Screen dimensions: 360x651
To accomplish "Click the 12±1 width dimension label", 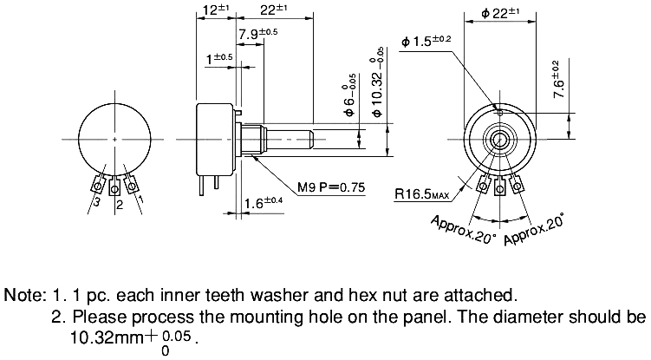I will pyautogui.click(x=213, y=10).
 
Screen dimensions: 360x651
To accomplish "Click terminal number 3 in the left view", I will pyautogui.click(x=97, y=202).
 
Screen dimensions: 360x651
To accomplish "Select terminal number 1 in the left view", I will pyautogui.click(x=142, y=200).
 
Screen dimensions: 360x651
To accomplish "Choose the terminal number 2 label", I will pyautogui.click(x=120, y=205).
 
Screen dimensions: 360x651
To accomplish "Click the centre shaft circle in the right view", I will pyautogui.click(x=500, y=139).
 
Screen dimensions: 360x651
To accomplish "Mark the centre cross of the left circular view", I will pyautogui.click(x=115, y=139).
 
